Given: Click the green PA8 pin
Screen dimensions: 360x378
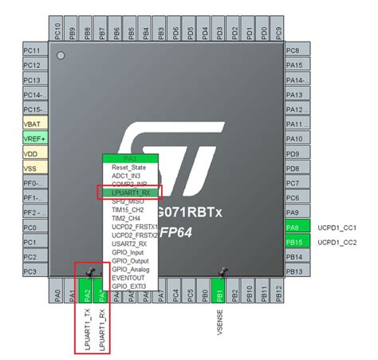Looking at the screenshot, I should (293, 227).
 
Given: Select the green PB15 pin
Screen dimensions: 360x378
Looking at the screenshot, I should (293, 242).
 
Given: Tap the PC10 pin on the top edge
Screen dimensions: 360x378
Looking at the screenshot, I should (57, 32).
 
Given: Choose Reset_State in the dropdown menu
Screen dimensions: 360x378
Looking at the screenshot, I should (131, 168).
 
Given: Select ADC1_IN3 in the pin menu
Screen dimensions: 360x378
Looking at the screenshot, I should (131, 176).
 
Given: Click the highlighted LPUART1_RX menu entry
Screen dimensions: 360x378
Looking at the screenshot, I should (131, 192).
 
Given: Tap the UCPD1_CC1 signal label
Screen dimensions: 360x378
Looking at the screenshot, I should (337, 227).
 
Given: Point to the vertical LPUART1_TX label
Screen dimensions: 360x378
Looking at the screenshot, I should (86, 331).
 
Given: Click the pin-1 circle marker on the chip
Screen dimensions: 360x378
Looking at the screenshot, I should (61, 56).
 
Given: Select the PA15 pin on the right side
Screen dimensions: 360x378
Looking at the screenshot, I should (293, 65).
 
